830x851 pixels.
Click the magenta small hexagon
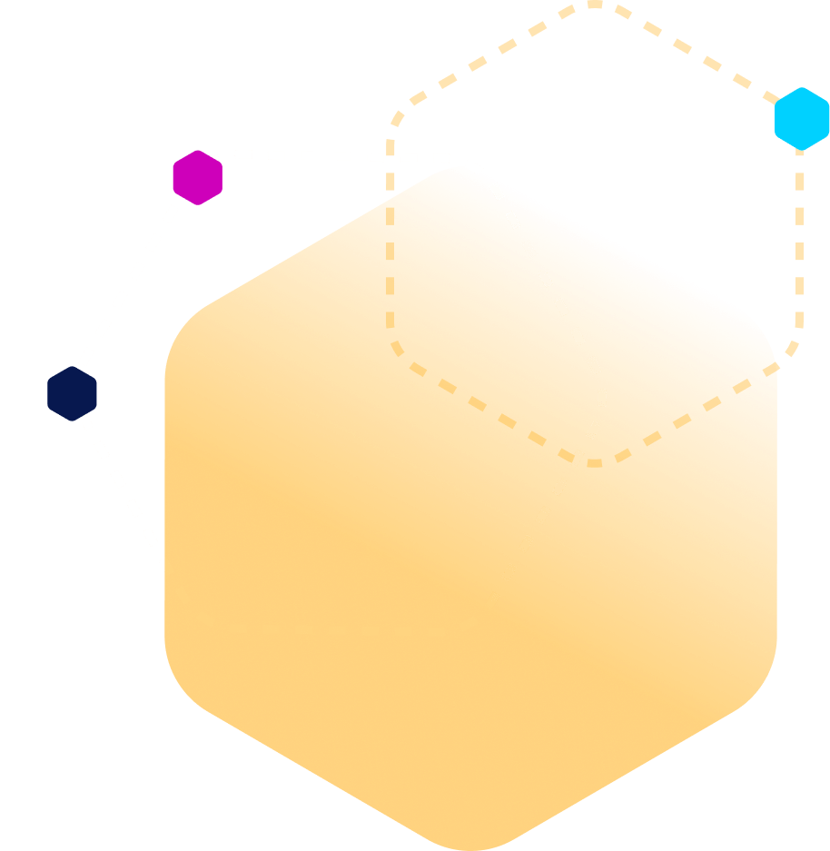coord(197,177)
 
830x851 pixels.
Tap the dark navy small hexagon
coord(72,393)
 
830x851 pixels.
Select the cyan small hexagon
coord(802,118)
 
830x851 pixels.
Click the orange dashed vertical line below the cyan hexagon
coord(800,245)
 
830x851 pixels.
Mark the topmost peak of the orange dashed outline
coord(594,4)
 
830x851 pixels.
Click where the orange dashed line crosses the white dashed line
coord(390,157)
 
